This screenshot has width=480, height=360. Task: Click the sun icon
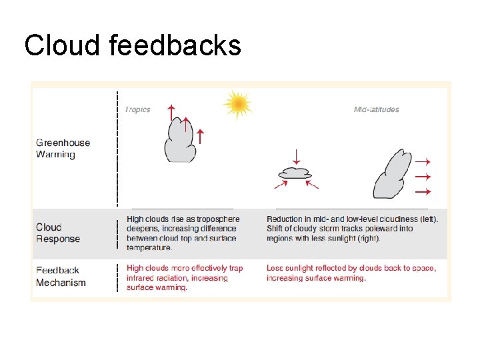click(237, 104)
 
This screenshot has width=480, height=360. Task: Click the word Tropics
click(138, 109)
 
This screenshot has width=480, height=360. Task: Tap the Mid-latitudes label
click(376, 109)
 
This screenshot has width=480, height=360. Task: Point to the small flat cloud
click(295, 173)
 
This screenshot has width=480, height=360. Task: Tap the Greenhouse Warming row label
click(63, 148)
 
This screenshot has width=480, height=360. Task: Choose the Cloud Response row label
click(58, 233)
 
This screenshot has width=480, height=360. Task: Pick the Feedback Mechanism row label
click(61, 276)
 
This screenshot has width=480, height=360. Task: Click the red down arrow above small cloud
click(297, 157)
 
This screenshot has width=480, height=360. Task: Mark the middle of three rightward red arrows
click(423, 177)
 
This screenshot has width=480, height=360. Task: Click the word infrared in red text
click(142, 278)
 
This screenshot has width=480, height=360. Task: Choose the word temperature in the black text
click(149, 247)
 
